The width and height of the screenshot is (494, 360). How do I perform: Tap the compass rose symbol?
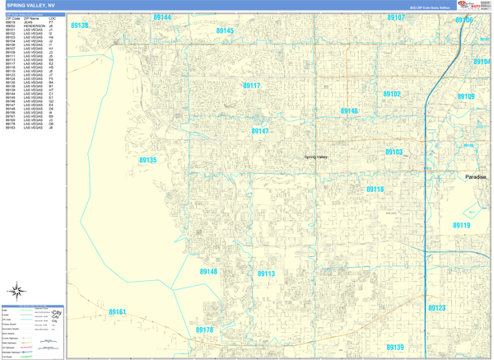point(16,290)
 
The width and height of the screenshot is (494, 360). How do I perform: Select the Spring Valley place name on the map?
point(316,157)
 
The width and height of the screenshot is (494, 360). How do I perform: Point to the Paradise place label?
point(476,177)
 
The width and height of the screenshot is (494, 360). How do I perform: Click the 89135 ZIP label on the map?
point(147,161)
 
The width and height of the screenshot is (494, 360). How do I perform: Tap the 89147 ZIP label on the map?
point(260,131)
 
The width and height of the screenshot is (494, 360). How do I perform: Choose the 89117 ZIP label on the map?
point(251,86)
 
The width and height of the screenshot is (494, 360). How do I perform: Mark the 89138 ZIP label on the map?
point(80,26)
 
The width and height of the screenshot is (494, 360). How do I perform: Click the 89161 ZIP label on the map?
point(118,312)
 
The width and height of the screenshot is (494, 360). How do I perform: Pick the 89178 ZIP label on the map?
point(204,330)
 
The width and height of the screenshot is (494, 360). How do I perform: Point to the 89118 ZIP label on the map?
point(375,189)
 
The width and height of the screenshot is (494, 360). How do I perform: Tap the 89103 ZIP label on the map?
point(394,152)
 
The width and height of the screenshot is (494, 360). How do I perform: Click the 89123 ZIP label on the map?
point(436,308)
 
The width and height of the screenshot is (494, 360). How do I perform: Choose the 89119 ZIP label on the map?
point(461,225)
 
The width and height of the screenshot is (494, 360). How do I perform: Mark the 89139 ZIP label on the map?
point(395,348)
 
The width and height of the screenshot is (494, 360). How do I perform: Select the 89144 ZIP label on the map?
point(162,17)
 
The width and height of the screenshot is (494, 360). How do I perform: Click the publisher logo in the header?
point(473,6)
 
